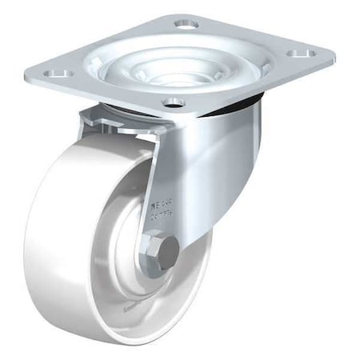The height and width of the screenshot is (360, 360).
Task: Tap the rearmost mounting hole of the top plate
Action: pos(186,24)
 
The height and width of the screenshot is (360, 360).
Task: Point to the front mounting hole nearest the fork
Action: pos(174,102)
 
